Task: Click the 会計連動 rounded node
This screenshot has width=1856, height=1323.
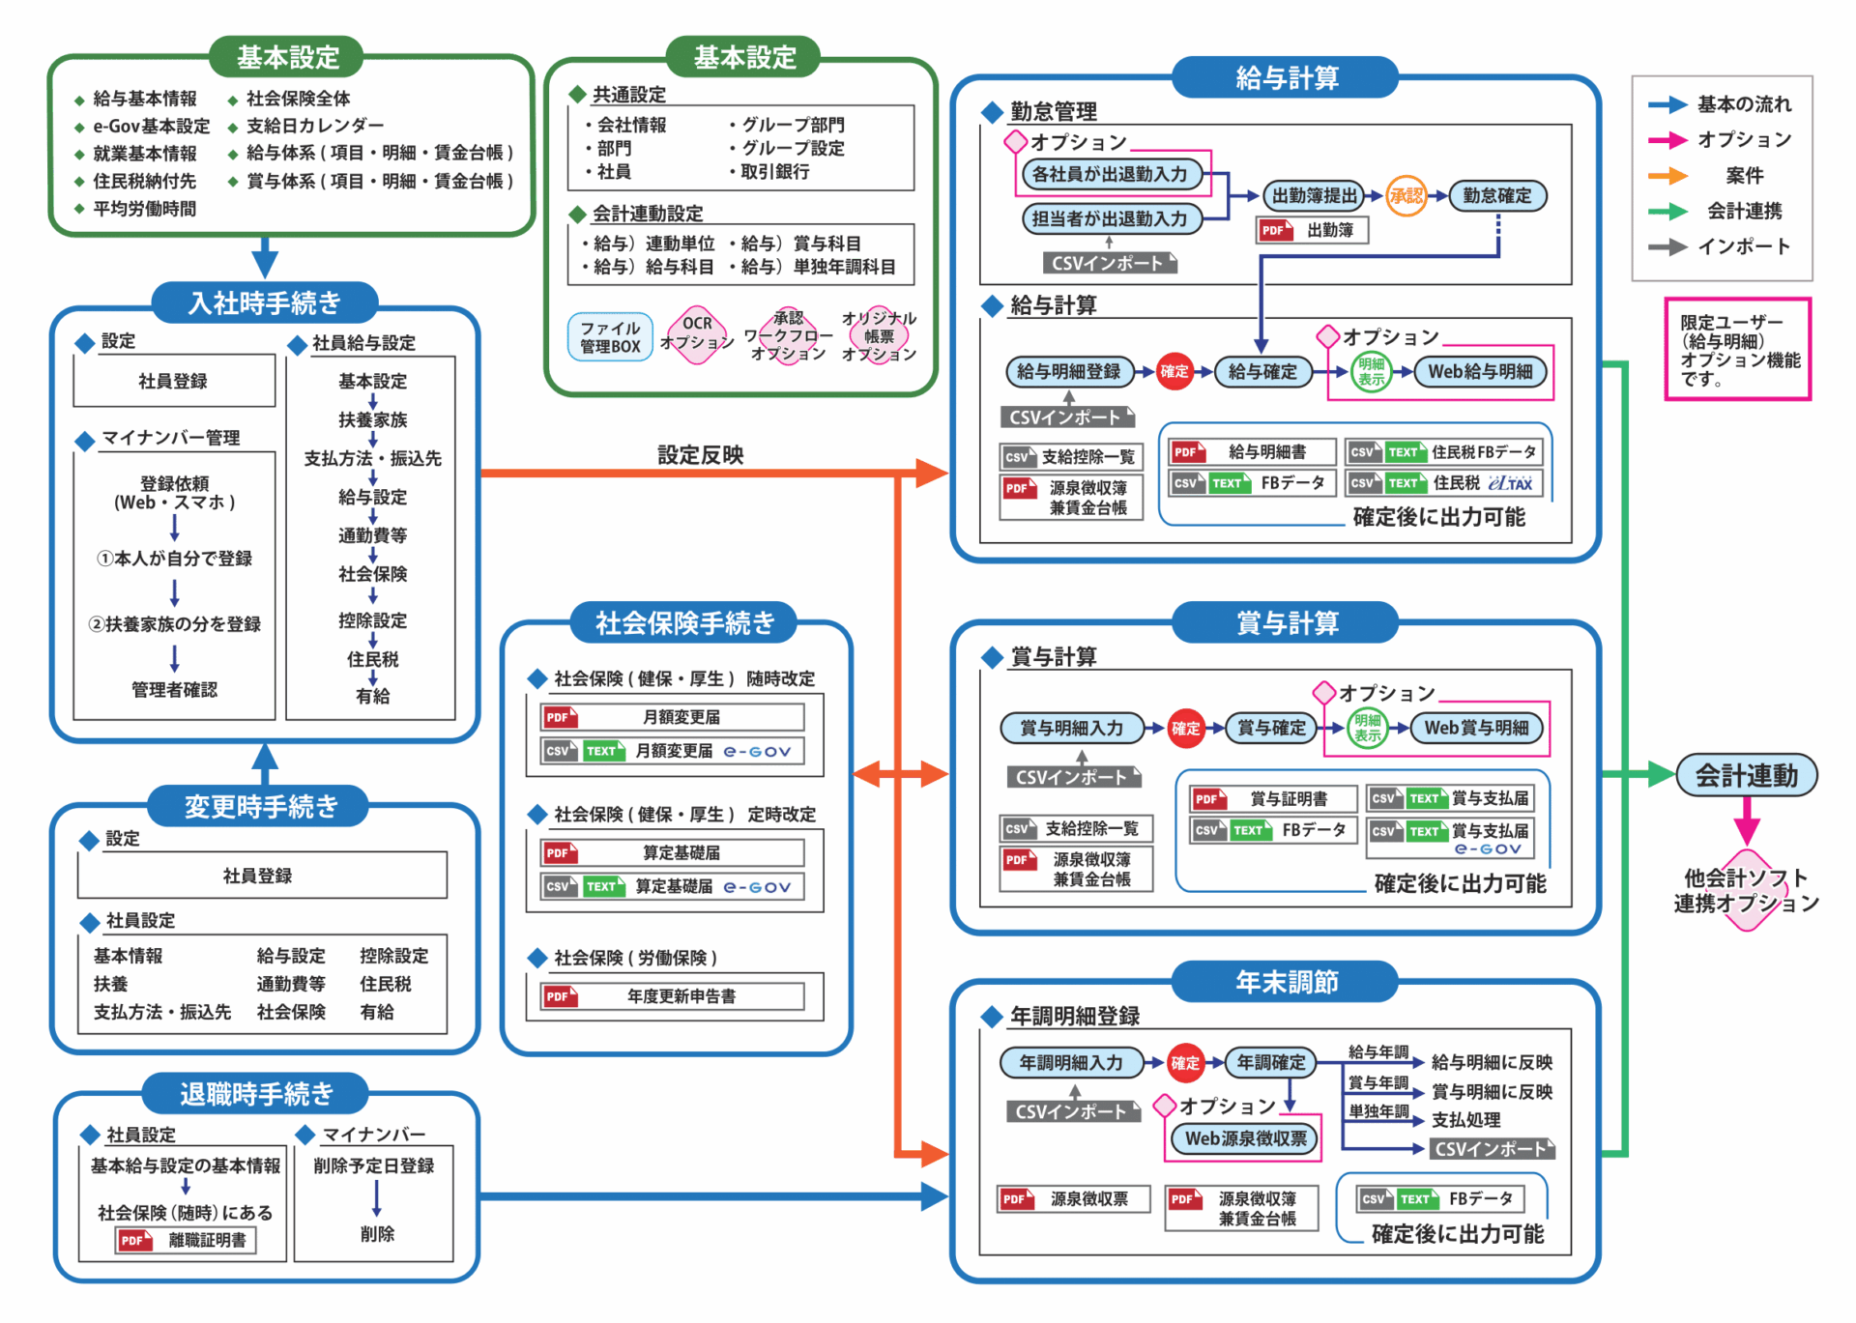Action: pyautogui.click(x=1746, y=775)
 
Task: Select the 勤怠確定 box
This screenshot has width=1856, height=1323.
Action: pyautogui.click(x=1496, y=196)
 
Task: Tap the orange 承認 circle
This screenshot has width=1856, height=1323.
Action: pyautogui.click(x=1406, y=196)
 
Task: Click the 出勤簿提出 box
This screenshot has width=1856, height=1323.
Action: pyautogui.click(x=1315, y=196)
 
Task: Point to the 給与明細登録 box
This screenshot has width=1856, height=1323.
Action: pyautogui.click(x=1068, y=372)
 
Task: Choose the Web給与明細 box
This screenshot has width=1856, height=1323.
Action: pyautogui.click(x=1480, y=372)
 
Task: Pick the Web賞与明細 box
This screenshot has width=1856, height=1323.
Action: pyautogui.click(x=1476, y=728)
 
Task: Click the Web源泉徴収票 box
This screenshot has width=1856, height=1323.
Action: pyautogui.click(x=1246, y=1138)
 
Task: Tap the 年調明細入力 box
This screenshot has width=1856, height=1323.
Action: pyautogui.click(x=1071, y=1063)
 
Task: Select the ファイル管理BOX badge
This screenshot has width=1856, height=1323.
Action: pyautogui.click(x=610, y=337)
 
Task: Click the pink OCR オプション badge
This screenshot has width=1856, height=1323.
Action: pyautogui.click(x=697, y=334)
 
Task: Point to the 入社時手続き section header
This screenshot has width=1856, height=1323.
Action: pyautogui.click(x=264, y=303)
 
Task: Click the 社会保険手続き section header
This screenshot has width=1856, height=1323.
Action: pyautogui.click(x=684, y=623)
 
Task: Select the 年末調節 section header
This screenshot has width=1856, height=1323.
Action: pyautogui.click(x=1286, y=983)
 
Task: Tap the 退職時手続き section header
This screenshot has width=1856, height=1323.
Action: pyautogui.click(x=256, y=1094)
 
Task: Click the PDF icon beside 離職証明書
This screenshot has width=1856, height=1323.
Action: pyautogui.click(x=134, y=1240)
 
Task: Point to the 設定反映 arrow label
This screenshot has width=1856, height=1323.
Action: pyautogui.click(x=700, y=455)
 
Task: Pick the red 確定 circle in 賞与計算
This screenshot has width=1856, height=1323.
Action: pyautogui.click(x=1185, y=729)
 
